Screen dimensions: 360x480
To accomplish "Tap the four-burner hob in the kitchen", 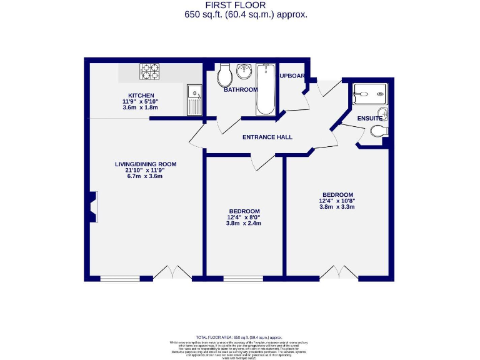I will click(149, 72).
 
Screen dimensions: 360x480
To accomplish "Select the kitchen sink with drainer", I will click(194, 100).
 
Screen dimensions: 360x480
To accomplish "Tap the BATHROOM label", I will click(241, 89).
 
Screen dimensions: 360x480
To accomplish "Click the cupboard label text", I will click(292, 76).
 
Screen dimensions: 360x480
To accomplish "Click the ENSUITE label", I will click(370, 118).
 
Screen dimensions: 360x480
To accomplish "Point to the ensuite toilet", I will click(379, 131).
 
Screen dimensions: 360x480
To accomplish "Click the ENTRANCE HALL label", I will click(267, 137).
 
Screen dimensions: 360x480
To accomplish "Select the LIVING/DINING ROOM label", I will click(146, 164).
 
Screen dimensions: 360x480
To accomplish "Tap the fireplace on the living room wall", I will click(94, 206).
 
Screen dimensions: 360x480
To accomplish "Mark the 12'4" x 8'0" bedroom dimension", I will click(244, 217).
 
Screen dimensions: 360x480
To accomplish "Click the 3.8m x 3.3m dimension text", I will click(337, 207).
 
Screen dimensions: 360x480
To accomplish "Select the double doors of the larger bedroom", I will click(338, 272).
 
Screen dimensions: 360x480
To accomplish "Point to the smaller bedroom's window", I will click(243, 278).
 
